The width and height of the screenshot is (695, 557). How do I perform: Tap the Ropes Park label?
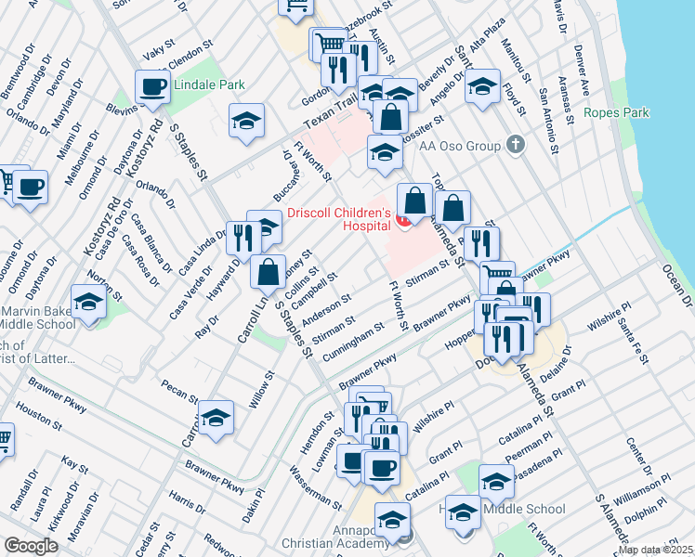pos(617,113)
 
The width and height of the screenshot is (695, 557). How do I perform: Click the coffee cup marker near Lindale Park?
pos(153,88)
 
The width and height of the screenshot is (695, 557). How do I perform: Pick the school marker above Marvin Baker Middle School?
pos(88,303)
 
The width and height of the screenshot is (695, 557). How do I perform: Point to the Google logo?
pos(31,545)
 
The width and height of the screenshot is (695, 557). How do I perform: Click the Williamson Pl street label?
pos(642,488)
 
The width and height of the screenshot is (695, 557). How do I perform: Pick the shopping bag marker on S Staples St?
pos(268,272)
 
